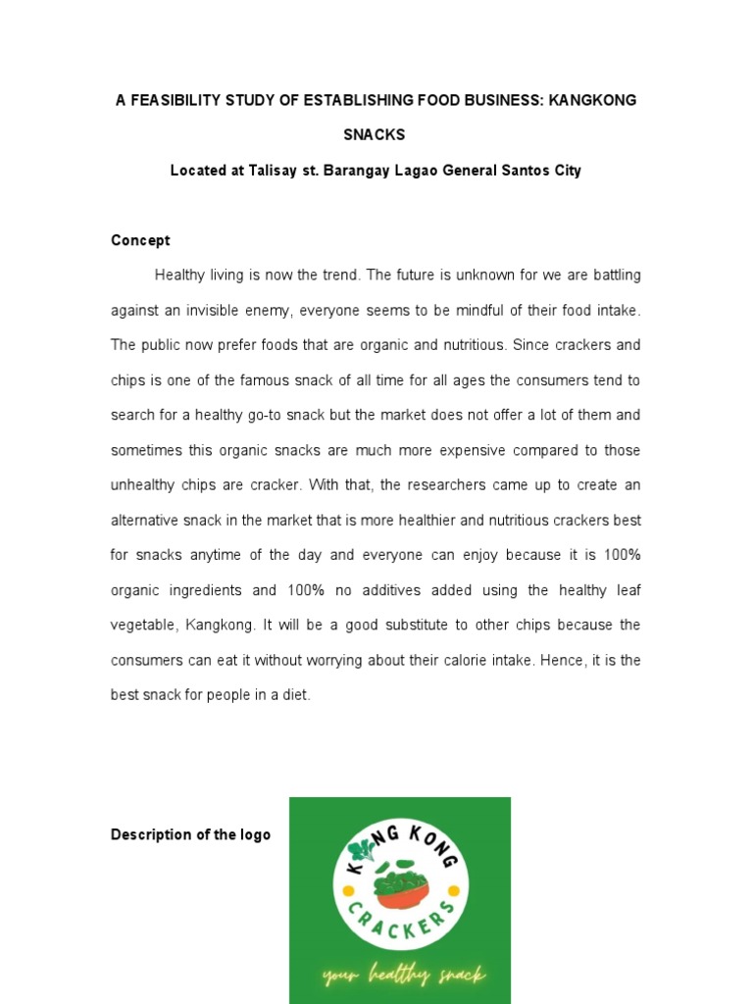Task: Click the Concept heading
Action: click(140, 240)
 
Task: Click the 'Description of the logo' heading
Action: click(190, 834)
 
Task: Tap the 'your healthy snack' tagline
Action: click(403, 975)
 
